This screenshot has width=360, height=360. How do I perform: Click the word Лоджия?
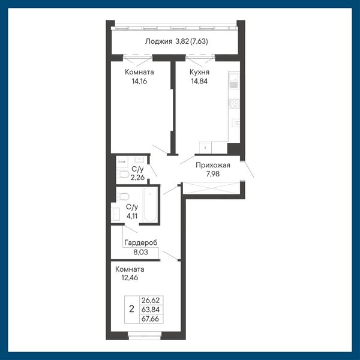tap(158, 41)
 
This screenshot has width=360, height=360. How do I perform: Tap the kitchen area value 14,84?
tap(199, 81)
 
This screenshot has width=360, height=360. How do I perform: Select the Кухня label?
tap(199, 72)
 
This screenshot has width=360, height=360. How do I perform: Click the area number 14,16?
tap(139, 81)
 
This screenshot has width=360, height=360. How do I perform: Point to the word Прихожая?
tap(213, 165)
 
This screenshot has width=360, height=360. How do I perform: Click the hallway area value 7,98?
tap(213, 174)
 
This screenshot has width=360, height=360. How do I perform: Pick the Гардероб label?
tap(141, 243)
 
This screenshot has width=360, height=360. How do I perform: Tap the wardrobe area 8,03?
tap(141, 252)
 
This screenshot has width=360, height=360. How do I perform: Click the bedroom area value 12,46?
tap(130, 278)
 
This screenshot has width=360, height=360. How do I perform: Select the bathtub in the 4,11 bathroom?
tap(150, 205)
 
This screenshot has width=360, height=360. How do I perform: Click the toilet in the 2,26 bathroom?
tap(123, 174)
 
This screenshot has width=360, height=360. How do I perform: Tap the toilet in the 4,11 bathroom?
tap(123, 197)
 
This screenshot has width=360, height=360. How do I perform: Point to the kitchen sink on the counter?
tap(234, 80)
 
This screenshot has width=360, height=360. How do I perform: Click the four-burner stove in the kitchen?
tap(234, 104)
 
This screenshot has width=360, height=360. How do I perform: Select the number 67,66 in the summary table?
tap(151, 319)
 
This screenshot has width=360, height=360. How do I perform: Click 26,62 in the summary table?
tap(151, 300)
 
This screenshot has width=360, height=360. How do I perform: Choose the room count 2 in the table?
tap(131, 309)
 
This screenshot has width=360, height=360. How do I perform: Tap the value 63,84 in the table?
tap(151, 310)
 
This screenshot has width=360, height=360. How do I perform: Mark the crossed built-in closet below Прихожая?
tap(211, 188)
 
